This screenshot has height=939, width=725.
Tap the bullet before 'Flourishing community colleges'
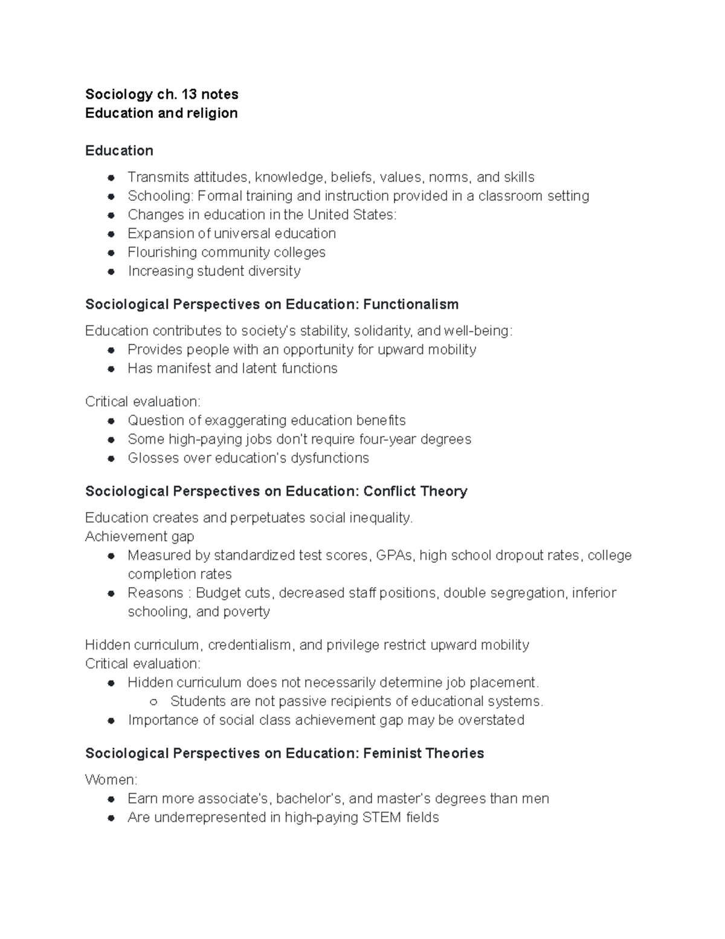[x=111, y=253]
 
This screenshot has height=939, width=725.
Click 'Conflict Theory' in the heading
[x=416, y=491]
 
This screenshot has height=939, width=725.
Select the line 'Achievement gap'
[x=140, y=536]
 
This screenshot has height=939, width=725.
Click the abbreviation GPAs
[x=395, y=555]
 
